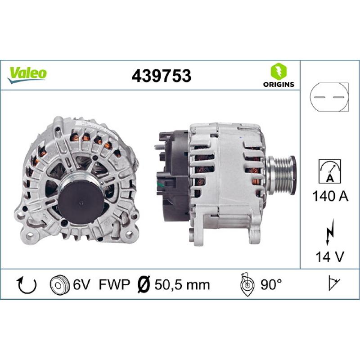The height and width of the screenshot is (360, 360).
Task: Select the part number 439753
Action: [161, 76]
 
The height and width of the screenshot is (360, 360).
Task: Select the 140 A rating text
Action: [329, 196]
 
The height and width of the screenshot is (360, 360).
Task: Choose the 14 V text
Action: [329, 257]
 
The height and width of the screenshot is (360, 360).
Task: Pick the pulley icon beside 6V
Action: [59, 284]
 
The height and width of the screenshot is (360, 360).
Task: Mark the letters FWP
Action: [113, 284]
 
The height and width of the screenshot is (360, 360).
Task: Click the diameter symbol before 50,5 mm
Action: [142, 284]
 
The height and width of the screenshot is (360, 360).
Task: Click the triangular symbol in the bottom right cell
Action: [334, 284]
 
